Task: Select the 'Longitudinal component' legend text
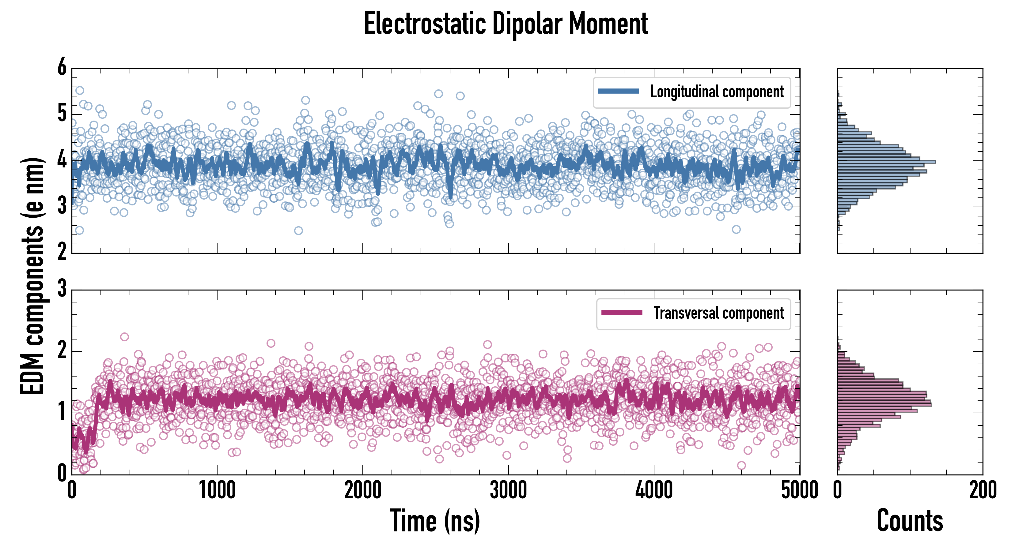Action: [x=717, y=92]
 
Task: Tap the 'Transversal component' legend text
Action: [x=718, y=313]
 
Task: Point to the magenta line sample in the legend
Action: [x=622, y=313]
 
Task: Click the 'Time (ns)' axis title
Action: [x=435, y=520]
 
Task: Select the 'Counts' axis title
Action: [x=910, y=520]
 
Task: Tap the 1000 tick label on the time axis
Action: [x=217, y=490]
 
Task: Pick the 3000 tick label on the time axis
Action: [x=508, y=490]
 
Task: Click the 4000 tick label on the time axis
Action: [x=654, y=490]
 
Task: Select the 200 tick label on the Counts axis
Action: [x=982, y=490]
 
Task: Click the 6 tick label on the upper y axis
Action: [x=62, y=67]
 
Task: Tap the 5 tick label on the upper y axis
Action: [x=62, y=114]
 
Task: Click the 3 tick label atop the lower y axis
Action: [x=62, y=289]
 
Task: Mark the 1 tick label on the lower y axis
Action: [x=62, y=412]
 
